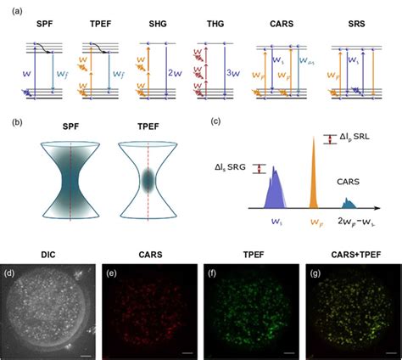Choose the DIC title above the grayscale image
pos(50,252)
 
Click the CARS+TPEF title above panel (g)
pos(349,252)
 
